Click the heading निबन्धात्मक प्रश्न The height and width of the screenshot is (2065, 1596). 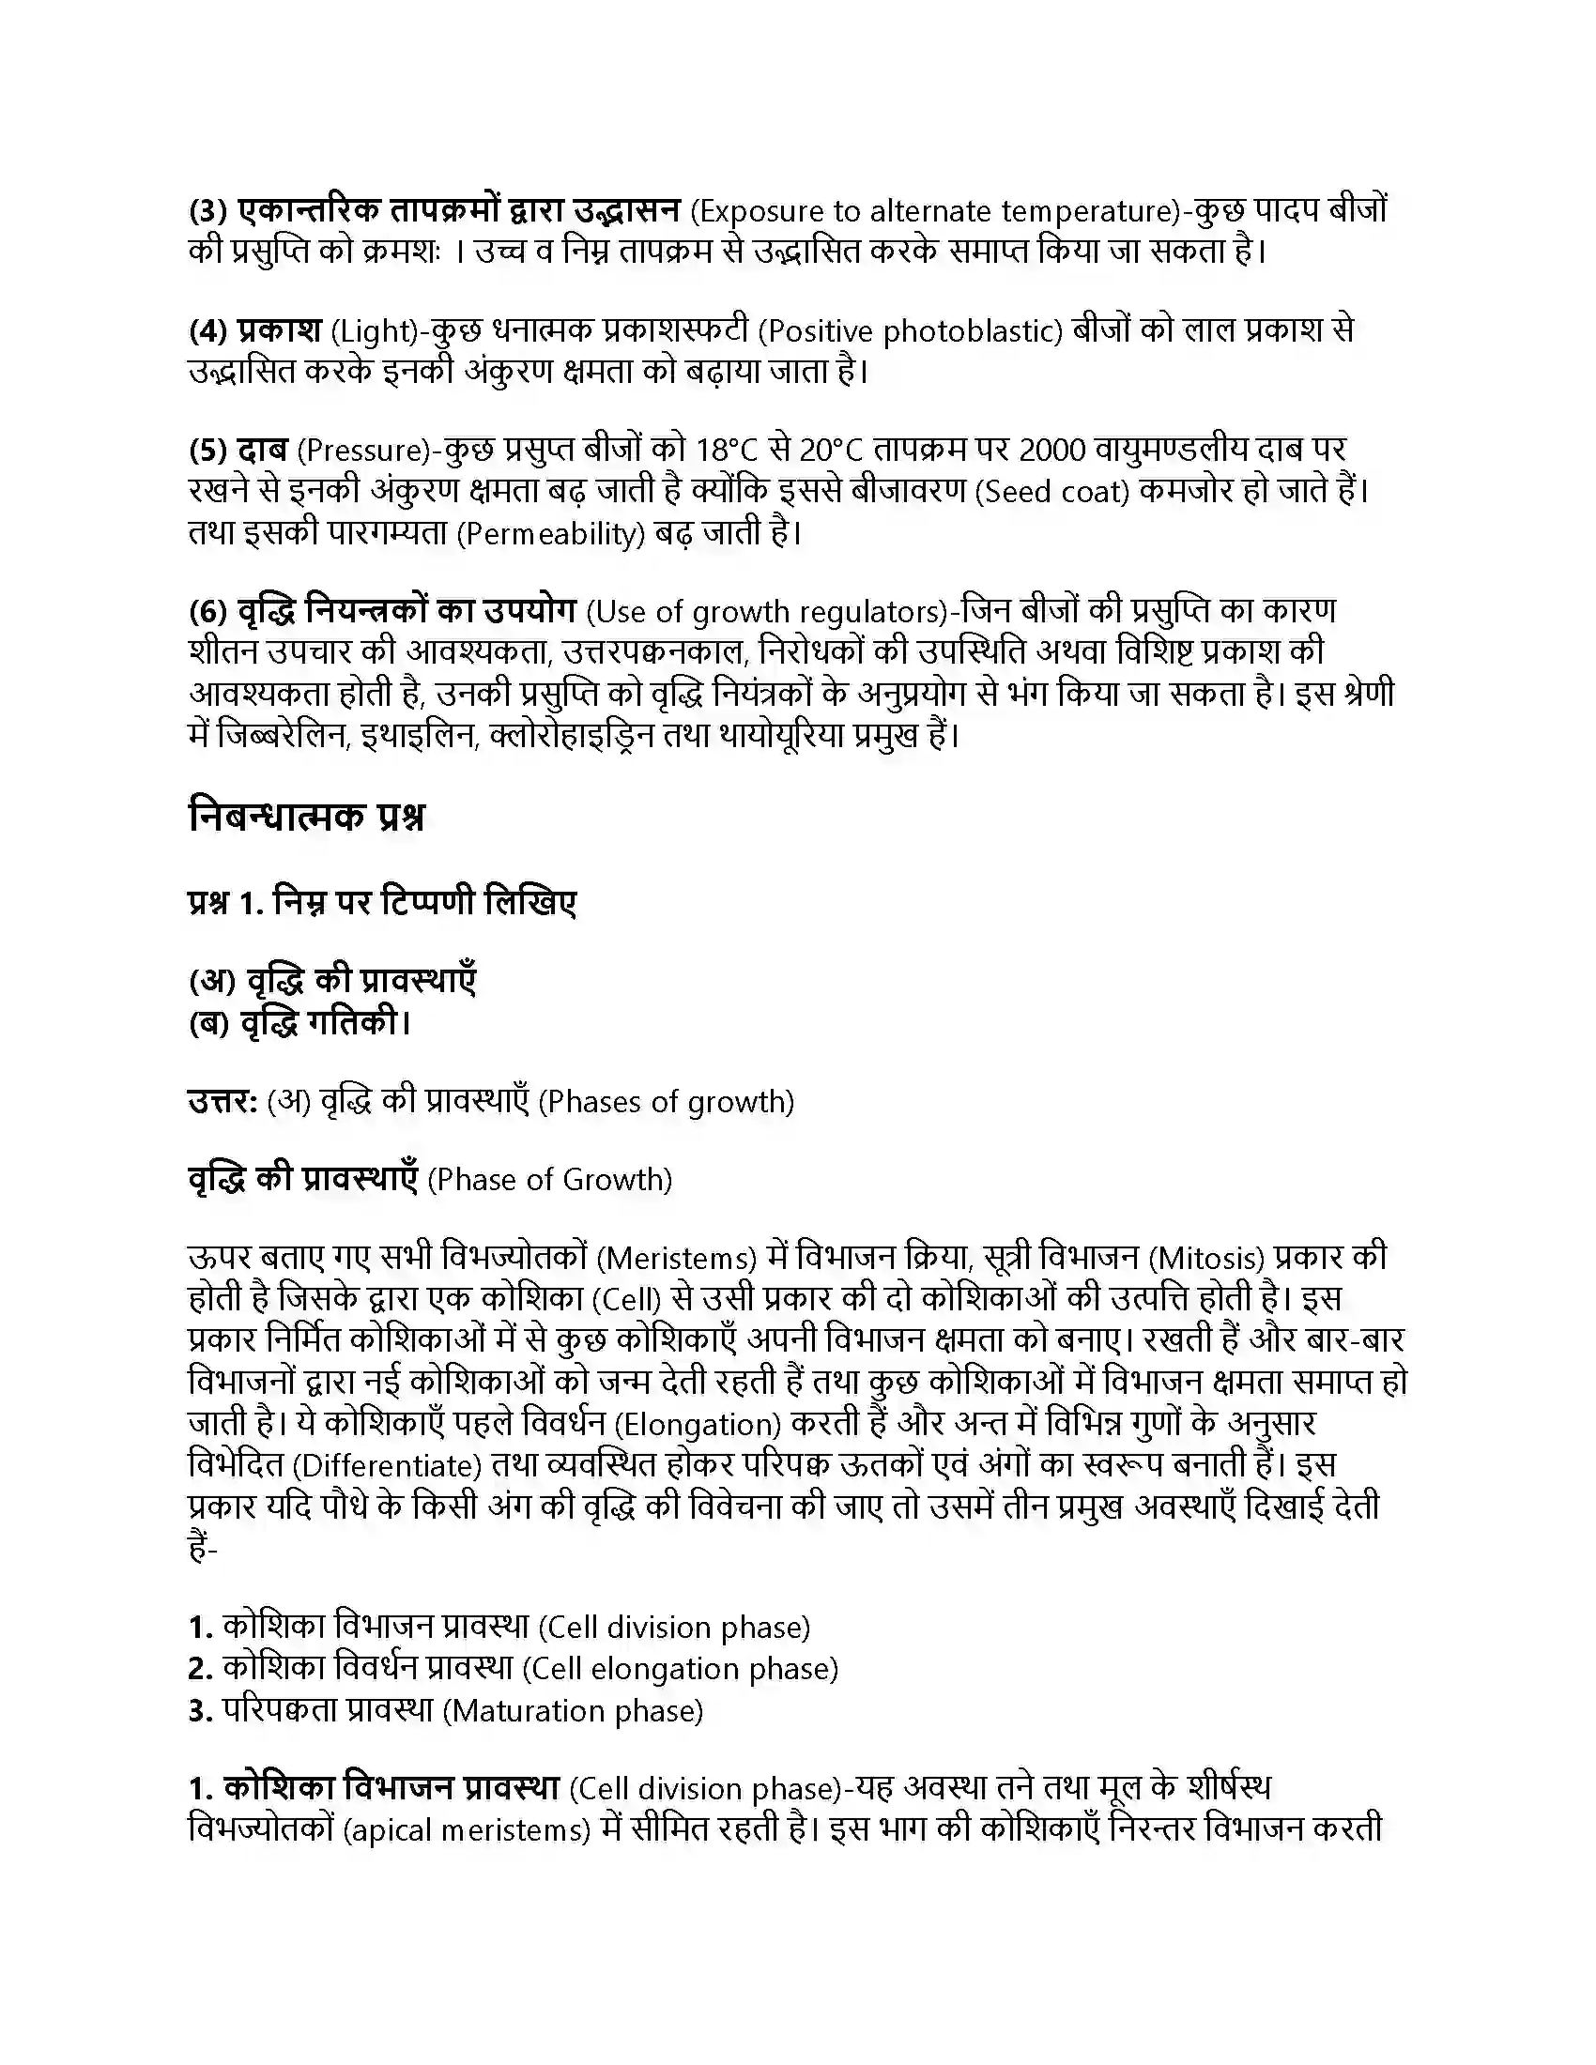[x=306, y=817]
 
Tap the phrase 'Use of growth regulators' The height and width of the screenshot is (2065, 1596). [x=767, y=613]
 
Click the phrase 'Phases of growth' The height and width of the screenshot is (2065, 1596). [x=666, y=1103]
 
